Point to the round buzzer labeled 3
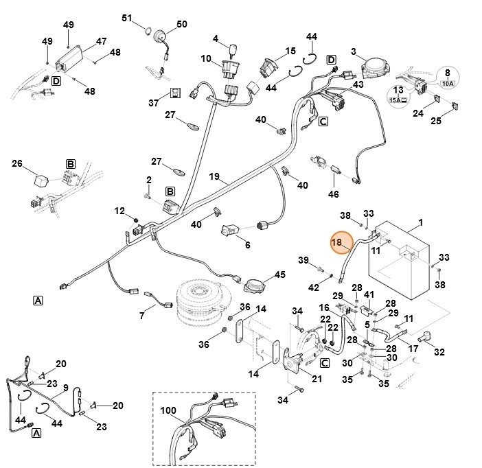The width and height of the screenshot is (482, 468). pos(374,65)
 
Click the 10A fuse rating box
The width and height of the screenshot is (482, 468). pos(448,84)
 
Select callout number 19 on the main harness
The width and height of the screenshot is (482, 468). pos(214,177)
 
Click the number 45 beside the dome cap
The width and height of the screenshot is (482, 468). pos(279,274)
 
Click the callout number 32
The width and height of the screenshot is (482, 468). pos(439,352)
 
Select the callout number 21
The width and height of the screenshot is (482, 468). pos(316,378)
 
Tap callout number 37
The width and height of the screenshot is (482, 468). pos(153,102)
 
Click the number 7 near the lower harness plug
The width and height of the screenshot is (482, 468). pos(142,316)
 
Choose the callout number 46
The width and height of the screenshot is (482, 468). pos(334,194)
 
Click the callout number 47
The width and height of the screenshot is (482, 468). pos(101,41)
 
